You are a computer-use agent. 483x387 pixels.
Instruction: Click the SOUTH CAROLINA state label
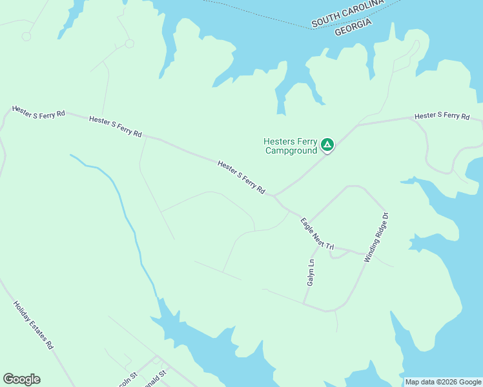tap(347, 13)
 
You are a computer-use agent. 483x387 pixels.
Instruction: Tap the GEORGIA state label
tap(353, 27)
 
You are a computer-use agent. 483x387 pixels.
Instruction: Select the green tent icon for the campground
tap(327, 145)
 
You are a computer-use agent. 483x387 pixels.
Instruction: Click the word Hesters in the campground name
tap(278, 142)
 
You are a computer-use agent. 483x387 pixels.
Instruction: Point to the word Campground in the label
tap(291, 151)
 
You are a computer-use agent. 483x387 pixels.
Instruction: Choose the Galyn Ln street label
tap(311, 273)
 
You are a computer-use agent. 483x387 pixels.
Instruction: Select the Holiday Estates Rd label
tap(33, 325)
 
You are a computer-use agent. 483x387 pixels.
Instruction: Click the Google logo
tap(21, 379)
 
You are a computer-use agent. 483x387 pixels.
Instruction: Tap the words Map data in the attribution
tap(420, 382)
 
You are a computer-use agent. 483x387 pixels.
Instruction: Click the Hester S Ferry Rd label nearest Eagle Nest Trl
tap(241, 177)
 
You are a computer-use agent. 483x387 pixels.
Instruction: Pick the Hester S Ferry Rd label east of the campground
tap(442, 115)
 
